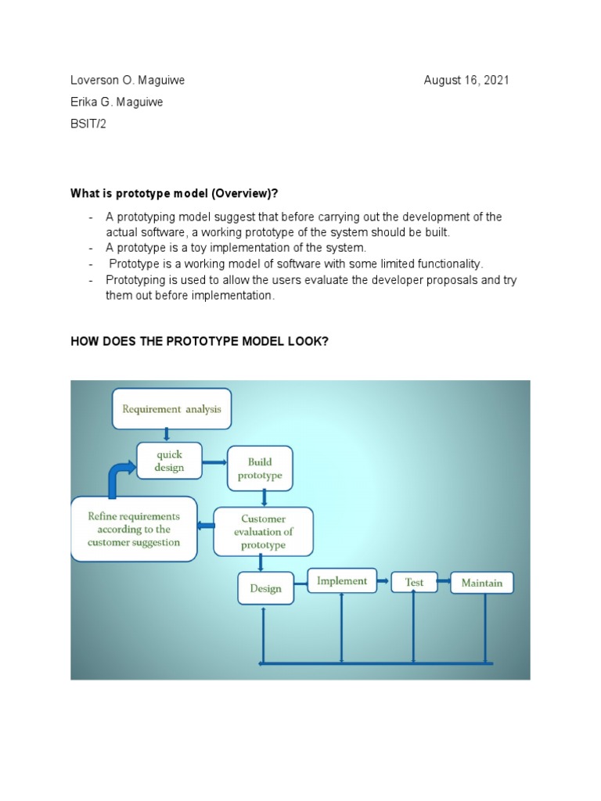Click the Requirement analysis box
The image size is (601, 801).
pos(171,408)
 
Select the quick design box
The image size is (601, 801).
pos(169,462)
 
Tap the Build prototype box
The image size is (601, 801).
pos(260,469)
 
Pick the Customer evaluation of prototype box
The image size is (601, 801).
pos(263,532)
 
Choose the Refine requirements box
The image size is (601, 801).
pos(134,530)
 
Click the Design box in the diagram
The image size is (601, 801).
pos(265,588)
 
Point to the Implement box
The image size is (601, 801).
pos(342,581)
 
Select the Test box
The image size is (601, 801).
pos(414,582)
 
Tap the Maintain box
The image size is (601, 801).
pos(482,583)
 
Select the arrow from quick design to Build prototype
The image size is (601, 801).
pos(214,462)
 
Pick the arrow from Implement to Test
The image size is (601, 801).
pos(383,581)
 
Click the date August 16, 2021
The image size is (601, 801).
pos(466,81)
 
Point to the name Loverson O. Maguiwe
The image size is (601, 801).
pos(128,81)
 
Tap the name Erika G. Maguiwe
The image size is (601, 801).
pos(117,102)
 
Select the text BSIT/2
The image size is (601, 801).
pos(88,124)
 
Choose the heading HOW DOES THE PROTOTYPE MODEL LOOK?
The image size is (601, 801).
pos(199,342)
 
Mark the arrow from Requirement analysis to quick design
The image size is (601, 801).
pos(167,435)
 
